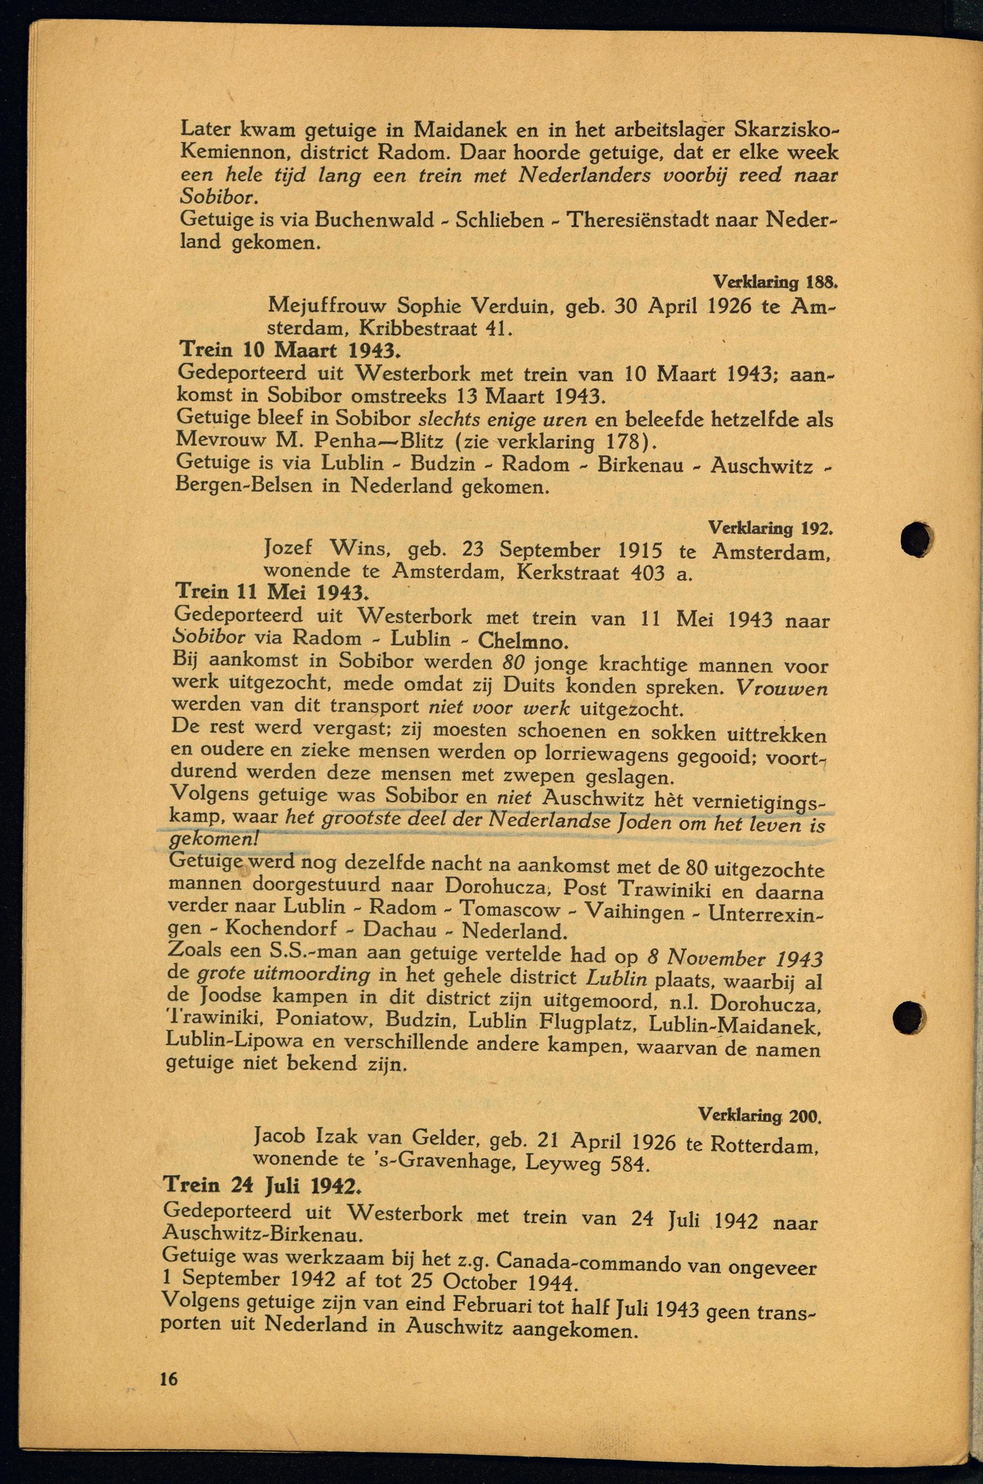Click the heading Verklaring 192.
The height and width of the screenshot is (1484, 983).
click(770, 528)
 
